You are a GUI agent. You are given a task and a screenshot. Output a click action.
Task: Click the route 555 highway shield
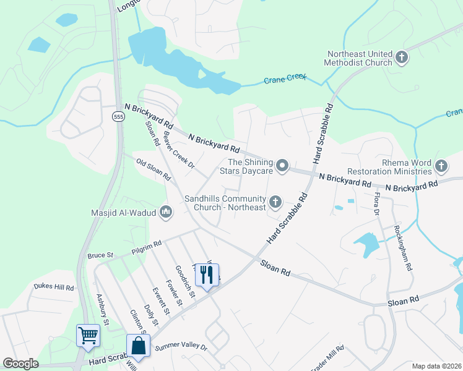[x=118, y=116]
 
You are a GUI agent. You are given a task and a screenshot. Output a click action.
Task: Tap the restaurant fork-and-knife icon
[x=207, y=274]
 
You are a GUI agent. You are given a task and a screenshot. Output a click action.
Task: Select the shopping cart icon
[x=88, y=336]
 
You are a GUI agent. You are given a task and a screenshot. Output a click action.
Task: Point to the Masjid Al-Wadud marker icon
[x=165, y=213]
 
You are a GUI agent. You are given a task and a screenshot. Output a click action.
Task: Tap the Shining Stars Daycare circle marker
[x=282, y=165]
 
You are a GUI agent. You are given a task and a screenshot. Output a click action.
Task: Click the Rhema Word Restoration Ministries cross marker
[x=441, y=166]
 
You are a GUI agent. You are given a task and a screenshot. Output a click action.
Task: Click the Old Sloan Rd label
[x=154, y=169]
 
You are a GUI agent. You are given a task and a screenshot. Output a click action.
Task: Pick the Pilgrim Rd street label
[x=146, y=247]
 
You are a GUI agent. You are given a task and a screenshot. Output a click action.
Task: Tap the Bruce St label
[x=100, y=254]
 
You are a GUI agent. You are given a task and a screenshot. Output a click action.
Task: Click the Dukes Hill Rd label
[x=54, y=288]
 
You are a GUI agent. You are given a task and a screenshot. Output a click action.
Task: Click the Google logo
[x=20, y=364]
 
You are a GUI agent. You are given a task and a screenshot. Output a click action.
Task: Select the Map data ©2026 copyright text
[x=436, y=366]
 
